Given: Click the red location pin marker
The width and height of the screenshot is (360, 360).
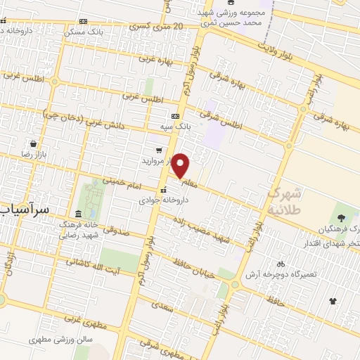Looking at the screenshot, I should coord(181,166).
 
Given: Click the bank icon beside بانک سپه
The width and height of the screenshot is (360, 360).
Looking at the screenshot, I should coord(175,117).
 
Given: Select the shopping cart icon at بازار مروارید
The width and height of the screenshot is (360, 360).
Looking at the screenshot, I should coord(159,150).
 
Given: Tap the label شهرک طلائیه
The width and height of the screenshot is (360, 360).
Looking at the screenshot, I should coord(285,200).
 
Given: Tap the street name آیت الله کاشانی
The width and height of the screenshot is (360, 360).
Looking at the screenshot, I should coord(94,264).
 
